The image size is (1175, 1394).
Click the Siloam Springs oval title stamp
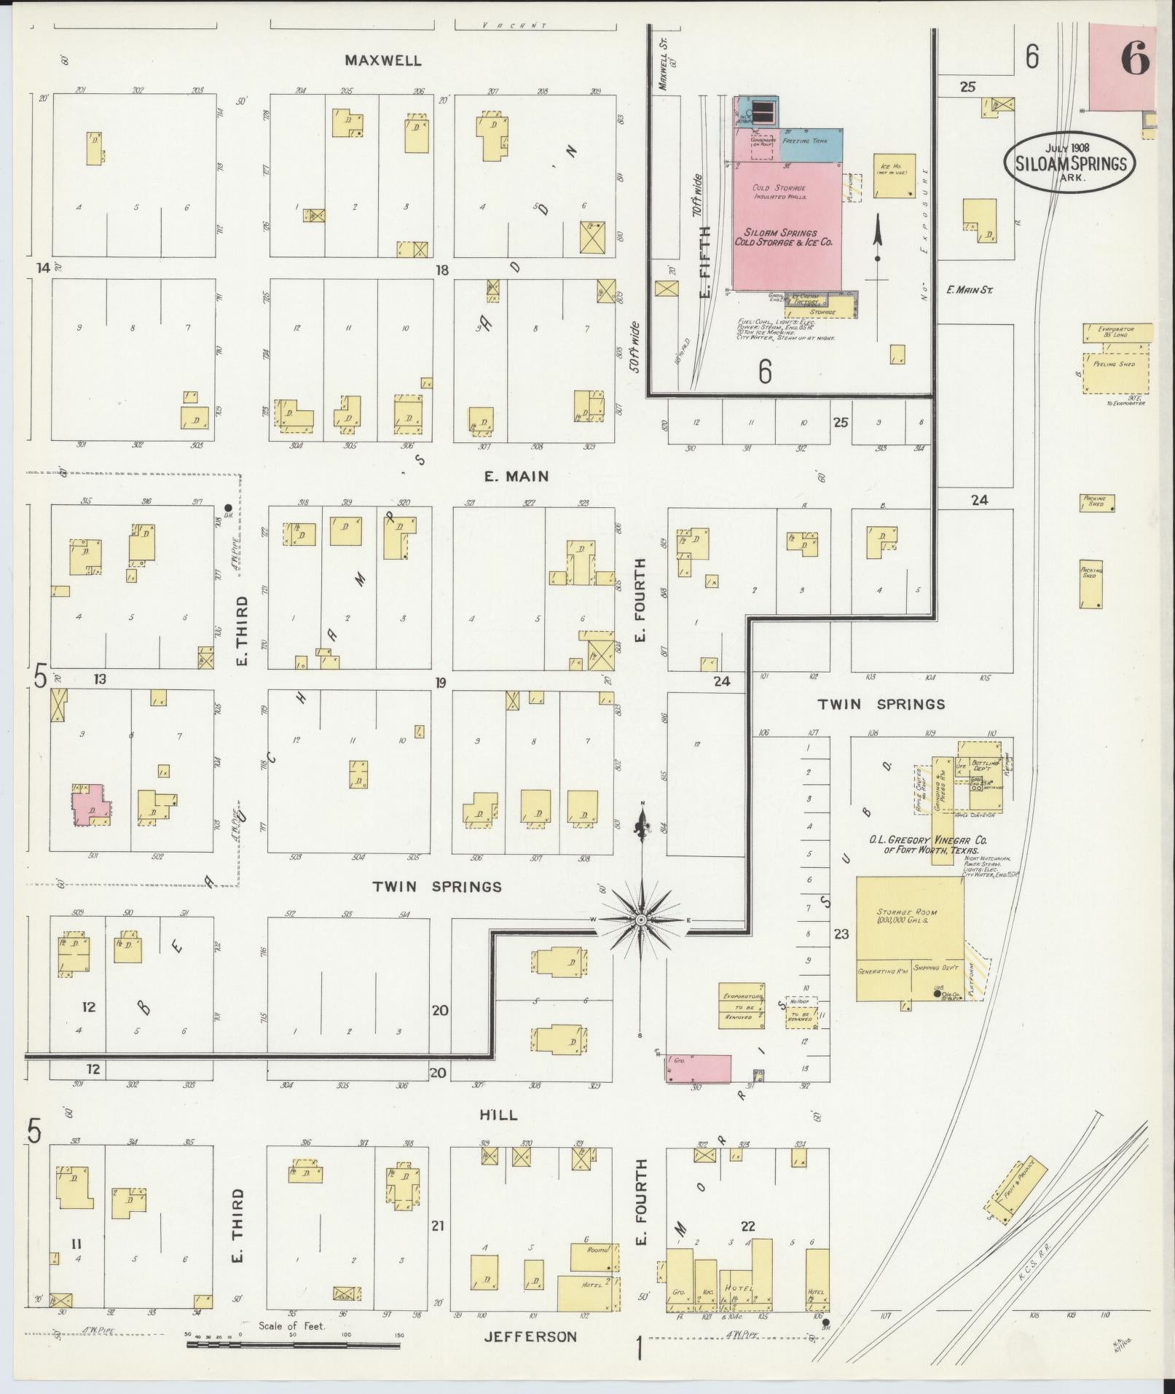[1069, 163]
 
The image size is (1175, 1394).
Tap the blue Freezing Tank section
[812, 141]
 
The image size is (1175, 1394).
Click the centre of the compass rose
[641, 920]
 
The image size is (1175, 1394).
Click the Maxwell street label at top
[383, 60]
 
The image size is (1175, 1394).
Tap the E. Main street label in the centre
[516, 477]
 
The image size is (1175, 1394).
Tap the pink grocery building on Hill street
[698, 1068]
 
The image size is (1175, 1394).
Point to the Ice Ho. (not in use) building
[895, 176]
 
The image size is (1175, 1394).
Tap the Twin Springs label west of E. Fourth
[437, 887]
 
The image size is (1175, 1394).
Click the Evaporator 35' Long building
[1117, 332]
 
